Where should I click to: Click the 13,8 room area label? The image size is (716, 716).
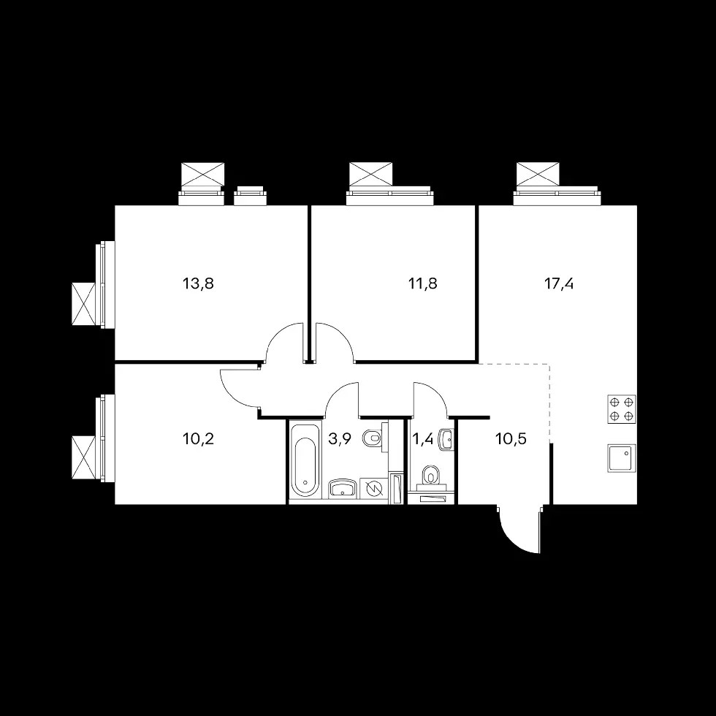pyautogui.click(x=198, y=284)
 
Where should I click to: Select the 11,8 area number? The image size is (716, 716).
pyautogui.click(x=422, y=284)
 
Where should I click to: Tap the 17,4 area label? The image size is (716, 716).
pyautogui.click(x=559, y=284)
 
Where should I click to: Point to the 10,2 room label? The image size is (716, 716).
pyautogui.click(x=198, y=439)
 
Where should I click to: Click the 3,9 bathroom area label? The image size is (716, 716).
pyautogui.click(x=340, y=439)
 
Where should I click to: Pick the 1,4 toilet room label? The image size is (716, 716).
pyautogui.click(x=423, y=439)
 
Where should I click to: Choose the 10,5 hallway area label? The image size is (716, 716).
pyautogui.click(x=511, y=439)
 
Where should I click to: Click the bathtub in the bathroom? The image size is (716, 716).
pyautogui.click(x=305, y=460)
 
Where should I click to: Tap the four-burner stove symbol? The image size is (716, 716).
pyautogui.click(x=622, y=408)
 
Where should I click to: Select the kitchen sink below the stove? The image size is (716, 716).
pyautogui.click(x=622, y=458)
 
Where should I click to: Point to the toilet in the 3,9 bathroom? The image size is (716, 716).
pyautogui.click(x=373, y=438)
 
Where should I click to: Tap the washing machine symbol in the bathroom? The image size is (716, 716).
pyautogui.click(x=373, y=489)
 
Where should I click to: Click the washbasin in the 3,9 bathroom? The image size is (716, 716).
pyautogui.click(x=343, y=488)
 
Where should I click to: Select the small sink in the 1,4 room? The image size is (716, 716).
pyautogui.click(x=446, y=439)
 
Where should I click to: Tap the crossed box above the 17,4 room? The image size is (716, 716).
pyautogui.click(x=538, y=174)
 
